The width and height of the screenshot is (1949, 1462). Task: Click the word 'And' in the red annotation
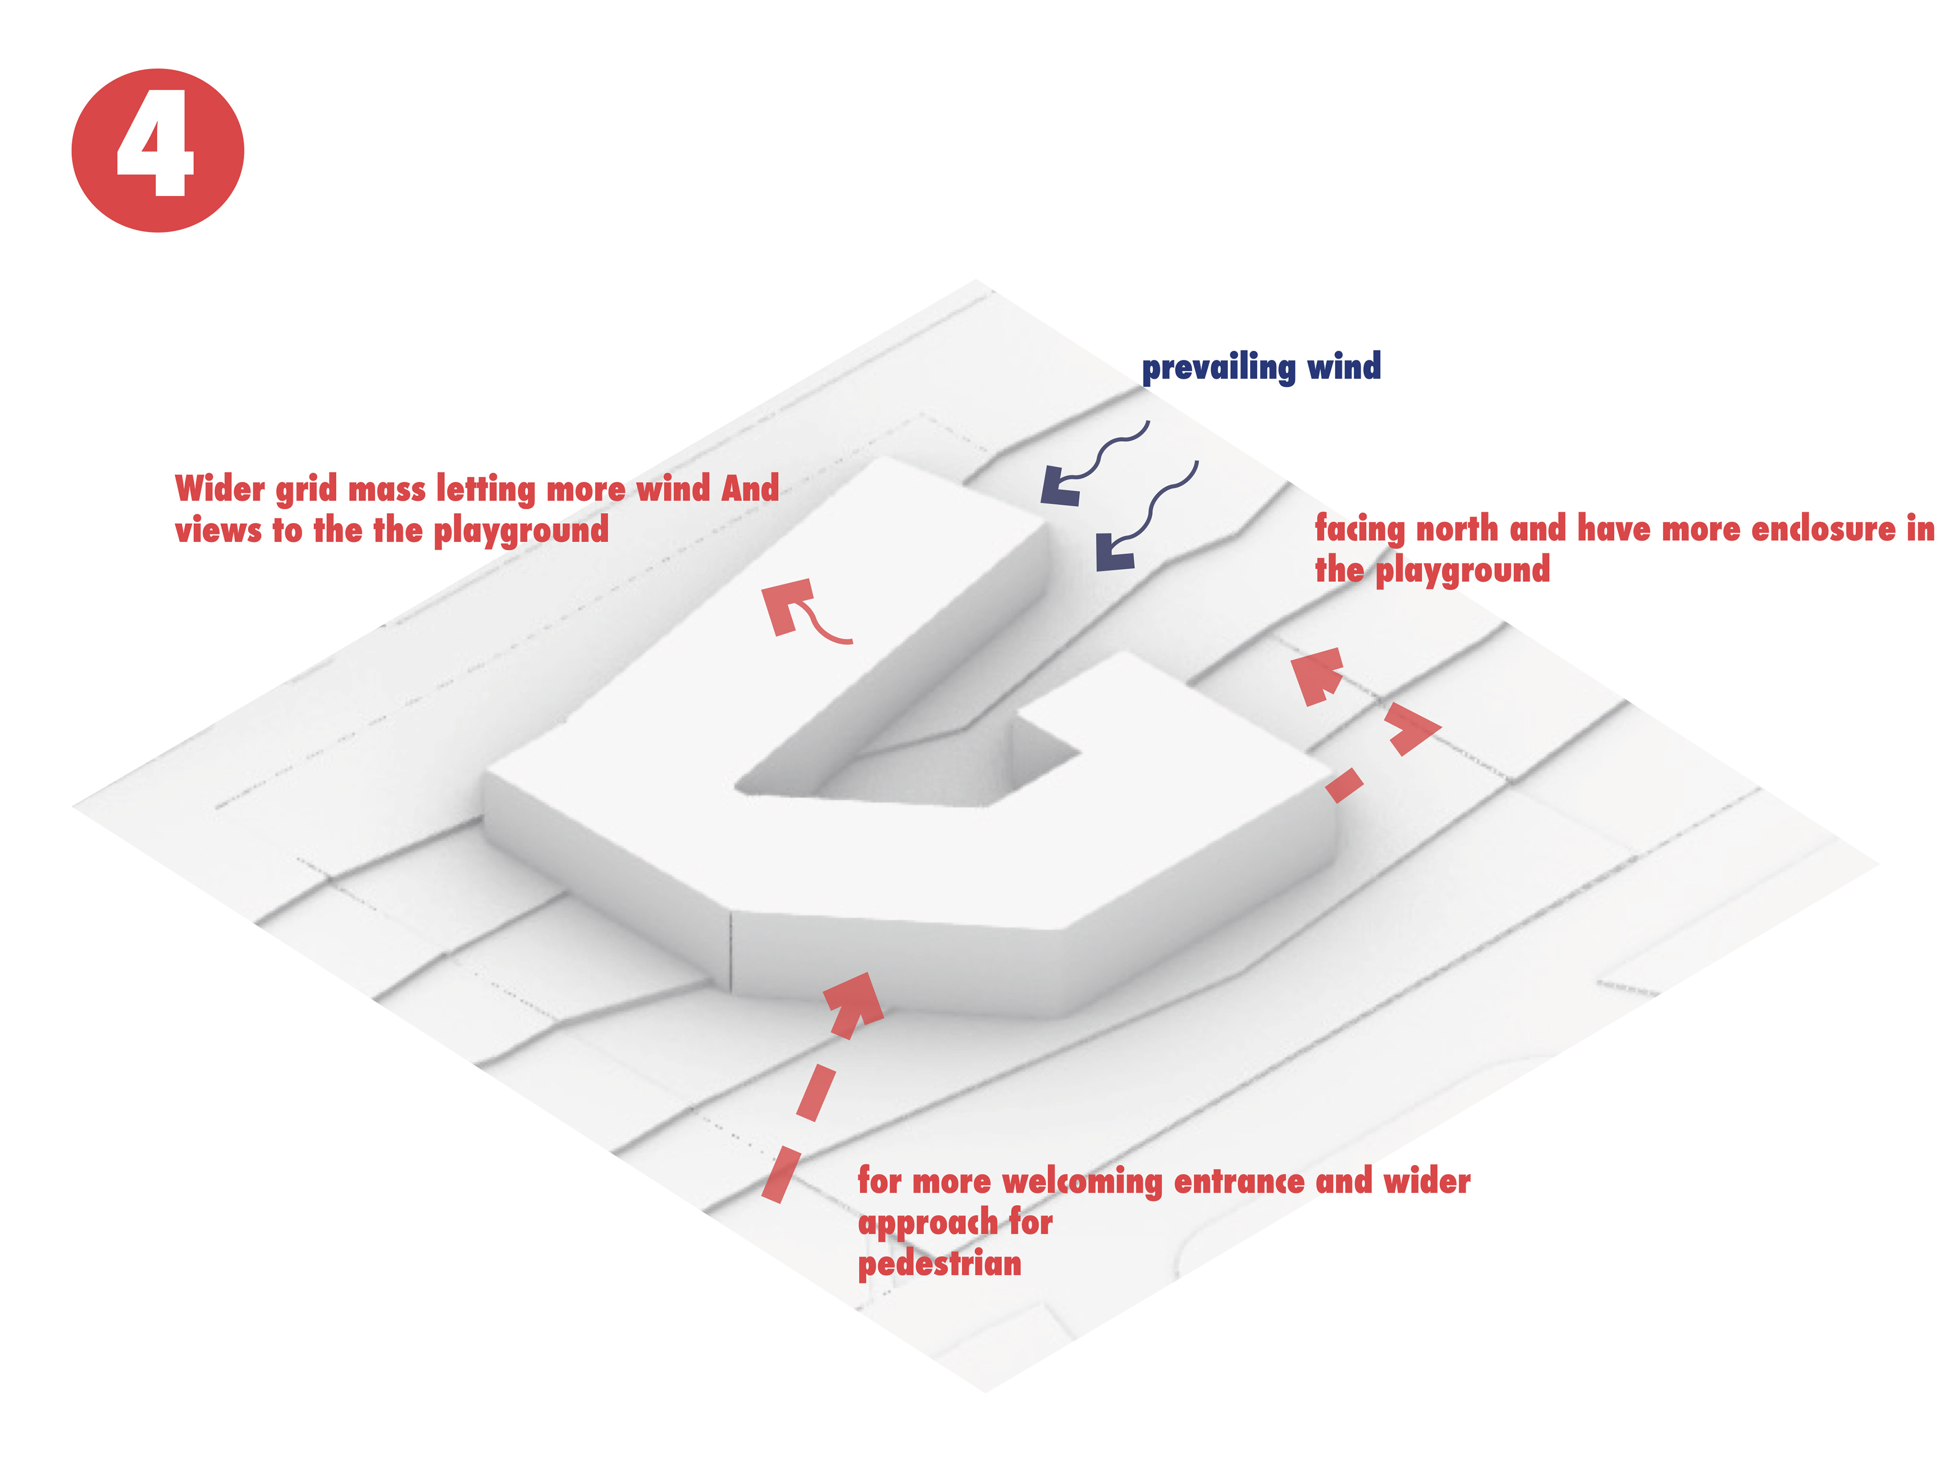pos(750,487)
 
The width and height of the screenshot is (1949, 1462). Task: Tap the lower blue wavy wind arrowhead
pos(1115,553)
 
